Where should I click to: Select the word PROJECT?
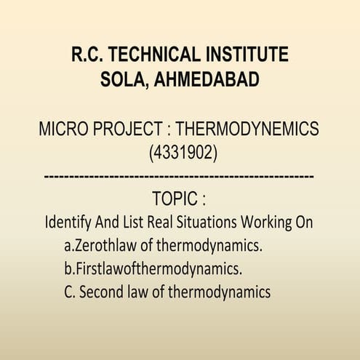pyautogui.click(x=134, y=129)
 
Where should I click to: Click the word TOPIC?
pyautogui.click(x=175, y=199)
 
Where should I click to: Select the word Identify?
pyautogui.click(x=68, y=222)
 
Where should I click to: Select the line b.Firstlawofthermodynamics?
pyautogui.click(x=153, y=268)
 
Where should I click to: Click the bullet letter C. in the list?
pyautogui.click(x=70, y=292)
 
